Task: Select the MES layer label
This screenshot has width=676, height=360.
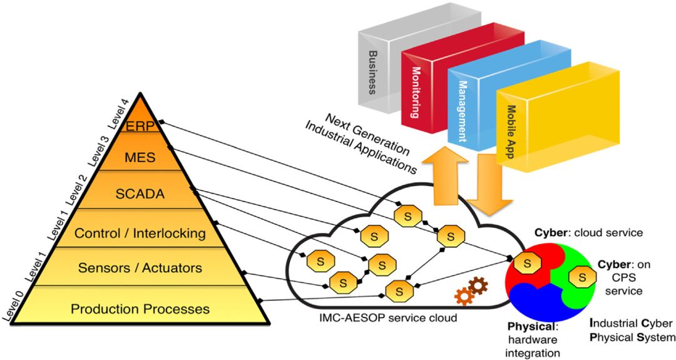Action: pos(141,158)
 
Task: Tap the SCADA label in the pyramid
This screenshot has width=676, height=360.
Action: pos(140,194)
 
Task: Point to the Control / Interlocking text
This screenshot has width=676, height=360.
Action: pos(140,234)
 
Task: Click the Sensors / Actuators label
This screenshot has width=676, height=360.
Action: pos(140,268)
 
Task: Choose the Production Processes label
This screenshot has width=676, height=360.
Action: pos(140,309)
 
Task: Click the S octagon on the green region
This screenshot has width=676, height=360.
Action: pos(582,275)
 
